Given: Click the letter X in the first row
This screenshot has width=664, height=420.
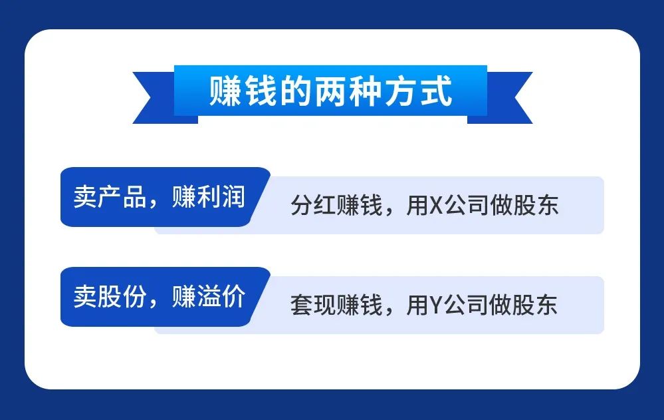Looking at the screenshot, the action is [x=436, y=205].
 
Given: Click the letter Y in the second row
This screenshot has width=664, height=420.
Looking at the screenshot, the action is [x=436, y=305].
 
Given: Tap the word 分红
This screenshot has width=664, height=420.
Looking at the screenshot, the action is [x=313, y=205].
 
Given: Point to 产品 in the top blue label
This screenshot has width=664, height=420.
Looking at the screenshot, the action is [x=122, y=197].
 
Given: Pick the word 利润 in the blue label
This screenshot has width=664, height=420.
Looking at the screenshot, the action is [x=221, y=197].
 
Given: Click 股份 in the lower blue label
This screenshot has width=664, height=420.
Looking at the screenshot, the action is [x=122, y=296].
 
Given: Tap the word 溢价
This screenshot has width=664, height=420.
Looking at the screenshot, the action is [x=221, y=296].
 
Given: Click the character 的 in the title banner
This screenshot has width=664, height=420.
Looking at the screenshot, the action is [x=295, y=91].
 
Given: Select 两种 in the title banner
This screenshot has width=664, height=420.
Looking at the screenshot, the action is [x=348, y=91].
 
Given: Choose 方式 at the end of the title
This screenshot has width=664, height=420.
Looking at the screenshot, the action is [x=418, y=91].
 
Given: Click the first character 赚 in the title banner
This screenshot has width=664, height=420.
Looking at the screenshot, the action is [x=225, y=91].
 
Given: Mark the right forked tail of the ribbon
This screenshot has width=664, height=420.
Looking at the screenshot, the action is [x=506, y=98].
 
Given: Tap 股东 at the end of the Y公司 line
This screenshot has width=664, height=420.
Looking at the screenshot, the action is [x=535, y=305].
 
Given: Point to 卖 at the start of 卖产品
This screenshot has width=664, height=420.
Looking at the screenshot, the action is [x=84, y=197].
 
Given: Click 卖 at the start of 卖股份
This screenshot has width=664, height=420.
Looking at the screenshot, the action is [x=84, y=296].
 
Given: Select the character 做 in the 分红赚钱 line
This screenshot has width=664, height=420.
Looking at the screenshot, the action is [x=501, y=205].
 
